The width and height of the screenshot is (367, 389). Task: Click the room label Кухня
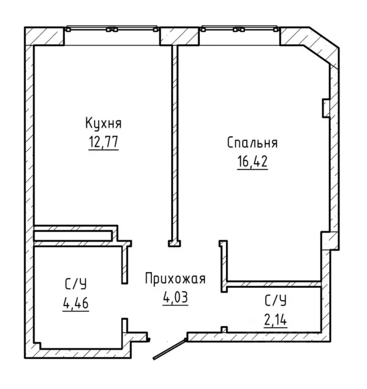tap(103, 123)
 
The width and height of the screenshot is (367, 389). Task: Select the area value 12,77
tap(103, 142)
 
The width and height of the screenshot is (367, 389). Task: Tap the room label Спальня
tap(252, 143)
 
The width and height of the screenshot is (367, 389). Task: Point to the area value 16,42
tap(252, 161)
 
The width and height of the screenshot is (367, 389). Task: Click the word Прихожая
tap(175, 278)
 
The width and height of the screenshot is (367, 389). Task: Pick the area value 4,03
tap(175, 297)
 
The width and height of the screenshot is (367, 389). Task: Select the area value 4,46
tap(76, 303)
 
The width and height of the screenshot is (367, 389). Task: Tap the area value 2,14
tap(275, 320)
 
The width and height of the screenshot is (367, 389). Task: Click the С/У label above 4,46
tap(76, 285)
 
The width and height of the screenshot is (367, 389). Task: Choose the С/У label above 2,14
tap(275, 301)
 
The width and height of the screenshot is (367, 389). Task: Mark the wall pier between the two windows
tap(179, 36)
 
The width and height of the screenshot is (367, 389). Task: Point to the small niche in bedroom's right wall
tap(325, 108)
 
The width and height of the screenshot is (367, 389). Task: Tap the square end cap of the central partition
tap(174, 243)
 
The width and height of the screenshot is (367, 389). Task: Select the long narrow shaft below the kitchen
tap(73, 236)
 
